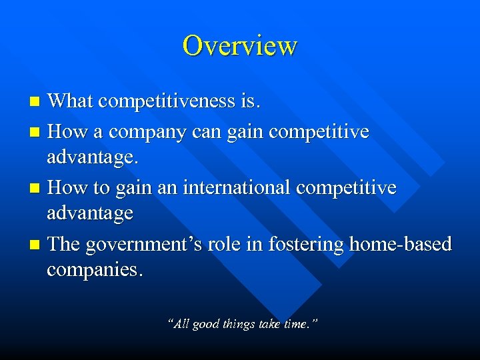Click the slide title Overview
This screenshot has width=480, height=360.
pos(240,45)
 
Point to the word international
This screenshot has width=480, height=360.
pos(238,188)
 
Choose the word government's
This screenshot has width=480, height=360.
pos(141,245)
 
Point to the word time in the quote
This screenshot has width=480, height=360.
pos(296,324)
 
